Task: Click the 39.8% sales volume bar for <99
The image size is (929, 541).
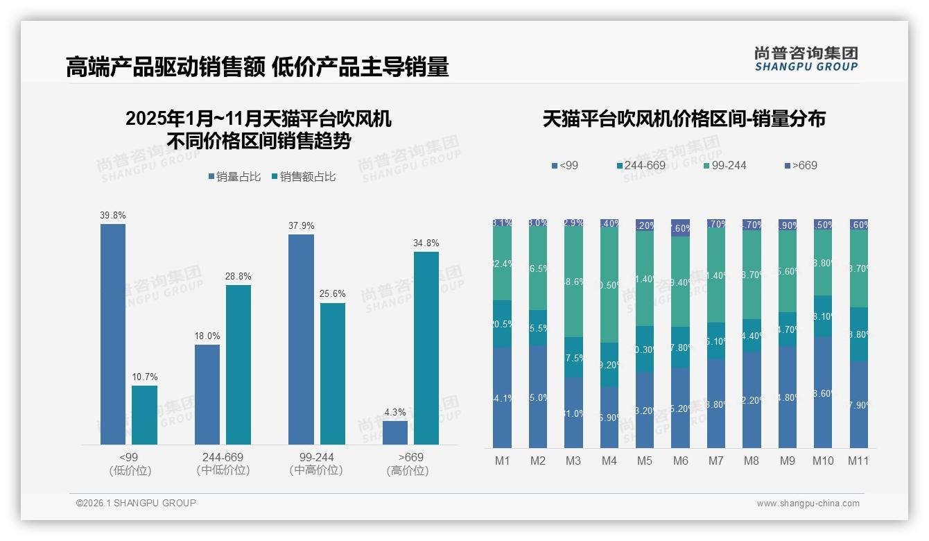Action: coord(113,334)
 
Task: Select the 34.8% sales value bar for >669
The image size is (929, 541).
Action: coord(426,347)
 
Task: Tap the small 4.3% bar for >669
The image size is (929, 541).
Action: coord(395,433)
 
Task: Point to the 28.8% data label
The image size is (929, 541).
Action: coord(238,276)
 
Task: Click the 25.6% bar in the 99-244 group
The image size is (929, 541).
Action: coord(332,373)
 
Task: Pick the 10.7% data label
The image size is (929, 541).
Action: coord(144,377)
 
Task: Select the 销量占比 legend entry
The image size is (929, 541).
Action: coord(234,177)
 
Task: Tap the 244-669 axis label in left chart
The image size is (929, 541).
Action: coord(223,457)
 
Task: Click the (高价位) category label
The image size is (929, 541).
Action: coord(408,470)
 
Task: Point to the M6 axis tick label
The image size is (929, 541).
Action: coord(680,461)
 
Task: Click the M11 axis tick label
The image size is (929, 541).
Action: coord(858,461)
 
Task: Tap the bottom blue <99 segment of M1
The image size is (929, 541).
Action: coord(502,397)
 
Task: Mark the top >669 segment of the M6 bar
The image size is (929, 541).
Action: coord(680,227)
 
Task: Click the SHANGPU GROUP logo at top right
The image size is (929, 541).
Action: coord(806,59)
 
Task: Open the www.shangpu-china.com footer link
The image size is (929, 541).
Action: coord(808,504)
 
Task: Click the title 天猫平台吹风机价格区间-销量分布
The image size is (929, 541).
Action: coord(684,119)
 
